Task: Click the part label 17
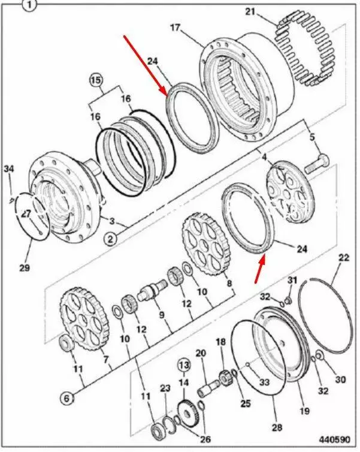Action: [x=175, y=27]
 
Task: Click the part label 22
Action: [x=343, y=258]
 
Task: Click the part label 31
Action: [x=292, y=281]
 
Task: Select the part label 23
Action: [x=165, y=388]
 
